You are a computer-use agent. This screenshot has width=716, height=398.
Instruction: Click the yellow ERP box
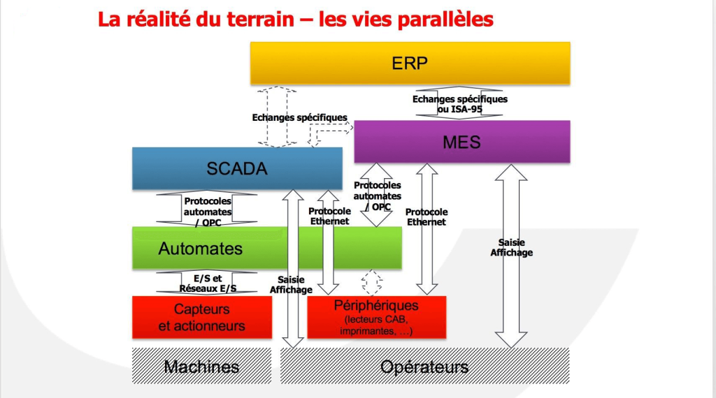[x=410, y=63]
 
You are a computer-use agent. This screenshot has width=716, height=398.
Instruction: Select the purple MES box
[x=461, y=142]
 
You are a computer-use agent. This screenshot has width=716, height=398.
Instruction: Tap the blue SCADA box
[x=237, y=168]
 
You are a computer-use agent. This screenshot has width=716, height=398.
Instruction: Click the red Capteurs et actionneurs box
[x=201, y=317]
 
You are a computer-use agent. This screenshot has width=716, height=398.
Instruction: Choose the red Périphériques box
[x=376, y=317]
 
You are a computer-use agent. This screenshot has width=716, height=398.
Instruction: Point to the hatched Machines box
[x=201, y=367]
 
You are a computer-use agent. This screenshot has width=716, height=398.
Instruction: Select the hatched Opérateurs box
[x=424, y=367]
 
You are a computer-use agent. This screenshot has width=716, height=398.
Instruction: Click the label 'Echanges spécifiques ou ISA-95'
[x=459, y=104]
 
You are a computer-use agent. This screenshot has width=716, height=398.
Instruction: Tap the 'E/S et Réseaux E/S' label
[x=208, y=283]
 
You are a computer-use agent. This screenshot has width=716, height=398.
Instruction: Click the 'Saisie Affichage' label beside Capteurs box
[x=290, y=284]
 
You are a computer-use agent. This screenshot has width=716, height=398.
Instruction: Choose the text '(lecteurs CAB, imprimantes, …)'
[x=376, y=325]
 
